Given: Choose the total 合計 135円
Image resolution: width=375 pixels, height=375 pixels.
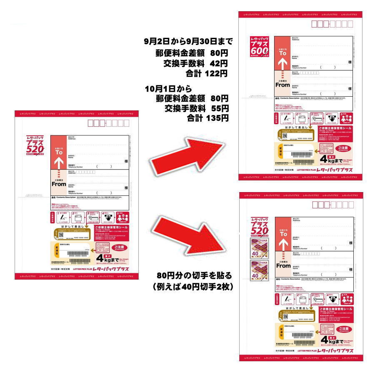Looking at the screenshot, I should [x=207, y=118].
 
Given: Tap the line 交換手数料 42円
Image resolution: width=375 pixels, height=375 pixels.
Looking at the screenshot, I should [x=196, y=63].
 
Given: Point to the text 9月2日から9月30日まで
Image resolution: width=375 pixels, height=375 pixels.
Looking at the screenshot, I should [x=187, y=42].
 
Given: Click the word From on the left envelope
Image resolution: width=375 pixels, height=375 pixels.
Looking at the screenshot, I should [x=59, y=184].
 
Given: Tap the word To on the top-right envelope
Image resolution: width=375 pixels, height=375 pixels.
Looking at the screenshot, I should [x=282, y=53].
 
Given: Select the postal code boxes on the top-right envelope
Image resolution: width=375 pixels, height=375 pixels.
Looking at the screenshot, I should [x=332, y=24].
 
